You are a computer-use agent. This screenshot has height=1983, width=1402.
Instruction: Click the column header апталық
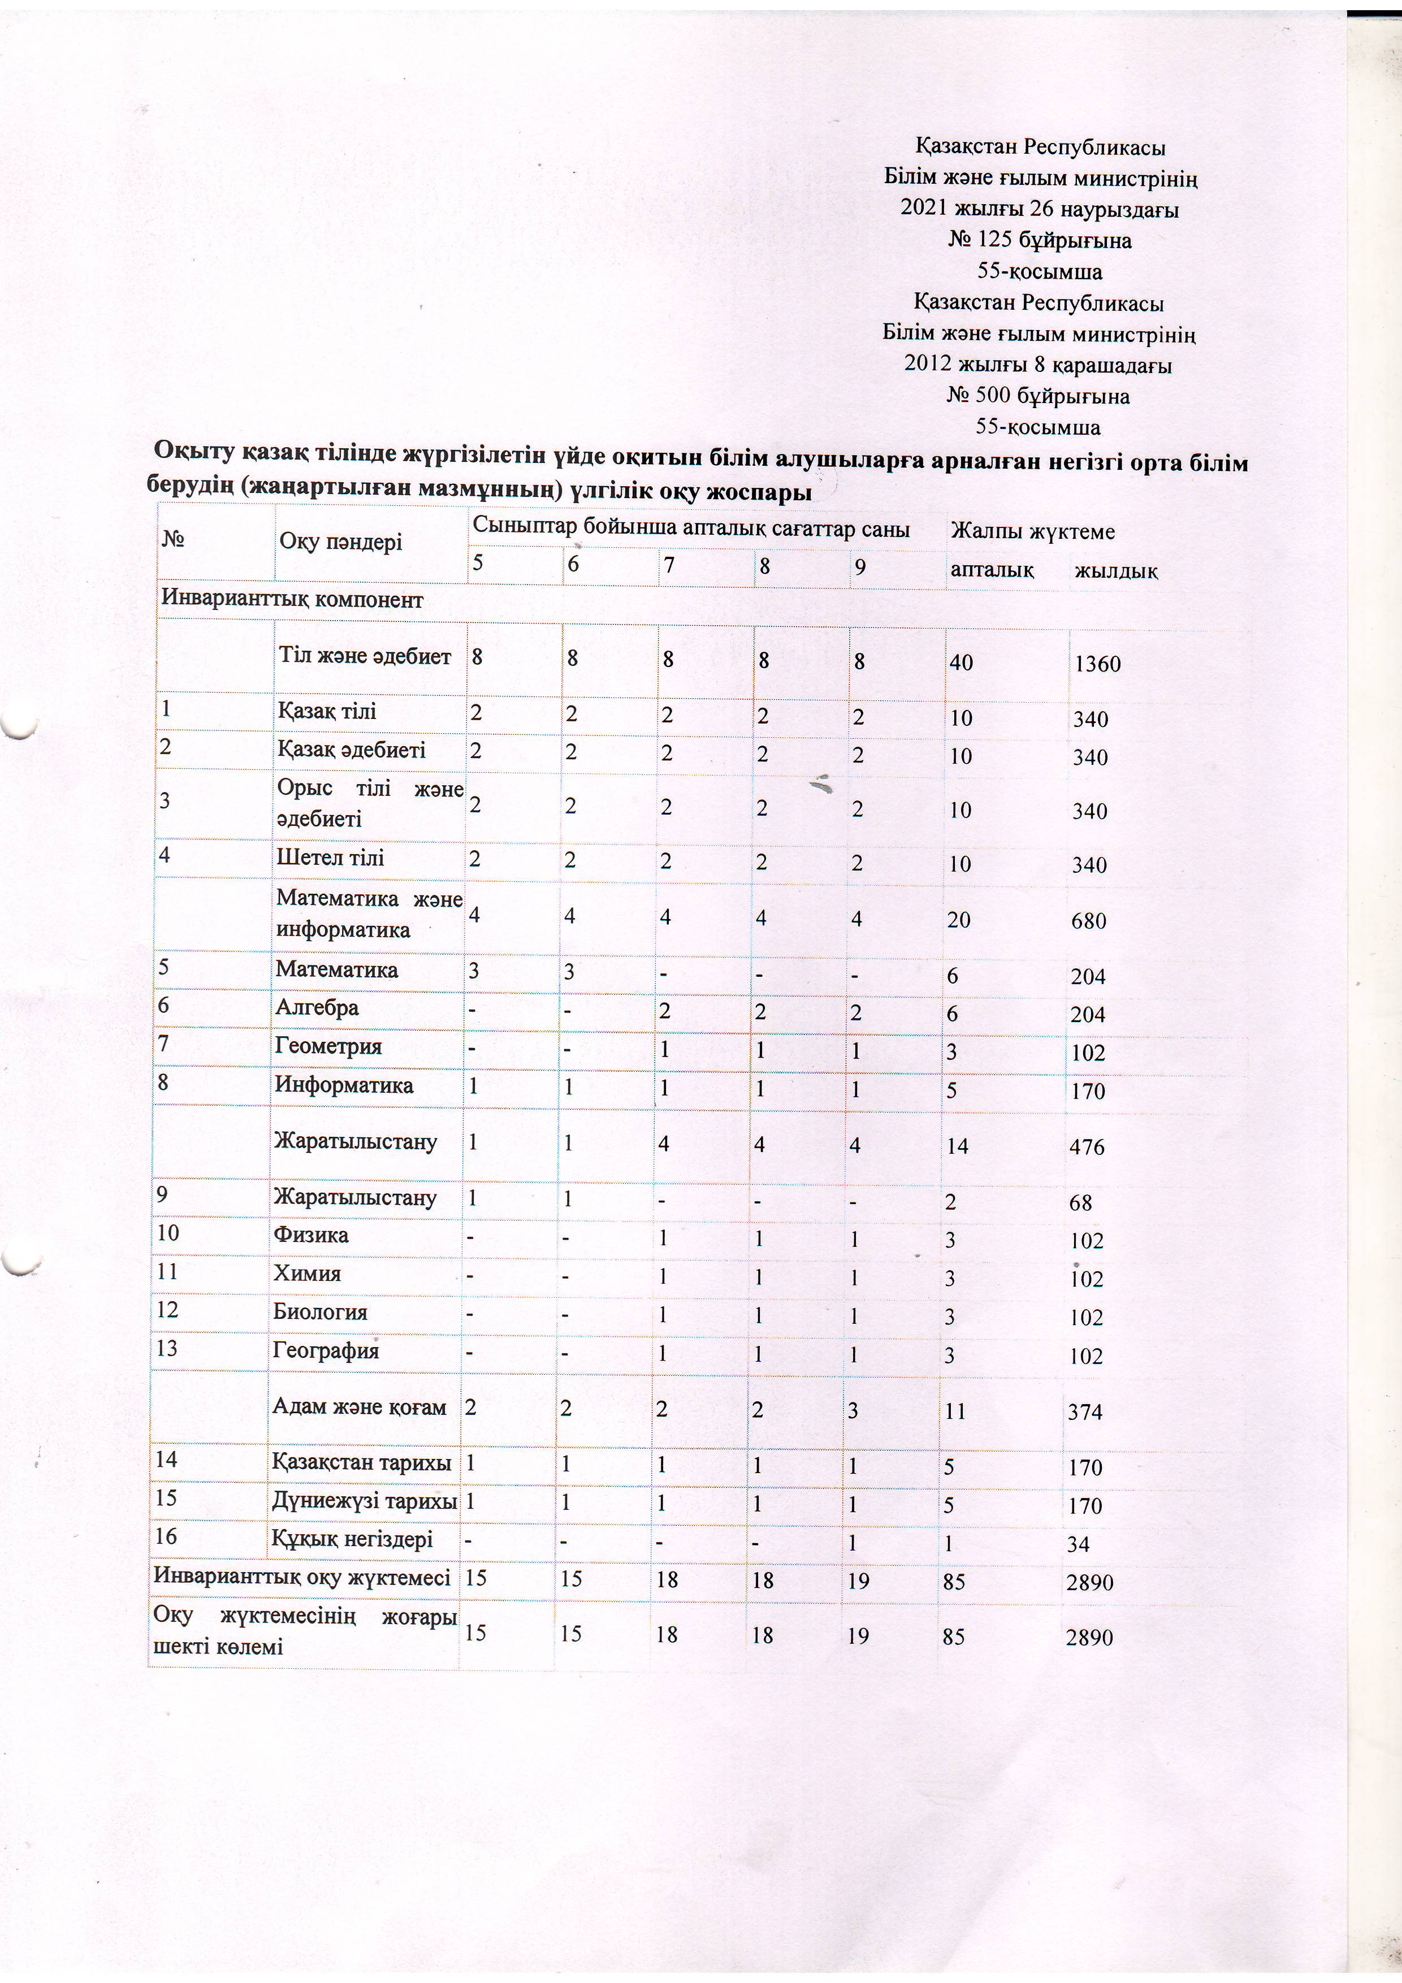click(x=992, y=570)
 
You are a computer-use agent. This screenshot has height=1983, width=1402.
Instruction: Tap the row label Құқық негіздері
click(x=352, y=1539)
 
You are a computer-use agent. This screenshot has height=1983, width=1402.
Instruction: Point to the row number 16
click(x=166, y=1536)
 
